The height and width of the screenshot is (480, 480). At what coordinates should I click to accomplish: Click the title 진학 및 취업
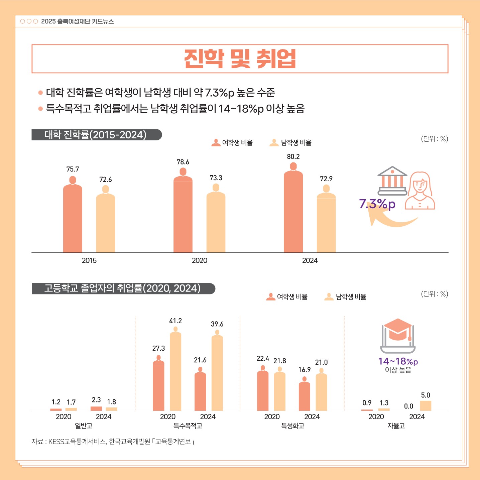click(x=240, y=59)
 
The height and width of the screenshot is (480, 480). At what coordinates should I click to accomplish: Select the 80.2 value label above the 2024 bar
click(x=293, y=157)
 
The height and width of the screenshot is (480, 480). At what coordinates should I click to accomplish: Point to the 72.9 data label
click(x=326, y=179)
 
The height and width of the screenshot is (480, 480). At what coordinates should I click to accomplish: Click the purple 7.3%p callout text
click(x=377, y=204)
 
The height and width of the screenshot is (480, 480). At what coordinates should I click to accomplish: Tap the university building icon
click(x=392, y=181)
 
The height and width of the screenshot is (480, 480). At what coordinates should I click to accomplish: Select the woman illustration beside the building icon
click(x=420, y=191)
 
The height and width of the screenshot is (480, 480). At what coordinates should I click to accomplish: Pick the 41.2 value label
click(x=175, y=321)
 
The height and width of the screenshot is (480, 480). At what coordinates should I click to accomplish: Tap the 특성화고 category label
click(x=292, y=426)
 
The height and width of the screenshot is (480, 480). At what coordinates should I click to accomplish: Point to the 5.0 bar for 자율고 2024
click(x=426, y=405)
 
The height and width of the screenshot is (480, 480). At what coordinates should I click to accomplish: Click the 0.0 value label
click(x=408, y=406)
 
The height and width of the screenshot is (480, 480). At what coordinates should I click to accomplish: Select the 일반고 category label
click(x=84, y=426)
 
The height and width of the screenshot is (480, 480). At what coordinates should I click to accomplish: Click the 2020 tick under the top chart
click(x=200, y=260)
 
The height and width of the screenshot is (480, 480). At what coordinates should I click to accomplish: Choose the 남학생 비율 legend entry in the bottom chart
click(x=346, y=297)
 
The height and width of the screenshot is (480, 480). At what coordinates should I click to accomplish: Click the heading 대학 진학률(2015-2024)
click(x=96, y=135)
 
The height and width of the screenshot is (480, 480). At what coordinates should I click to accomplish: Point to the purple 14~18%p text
click(x=398, y=361)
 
